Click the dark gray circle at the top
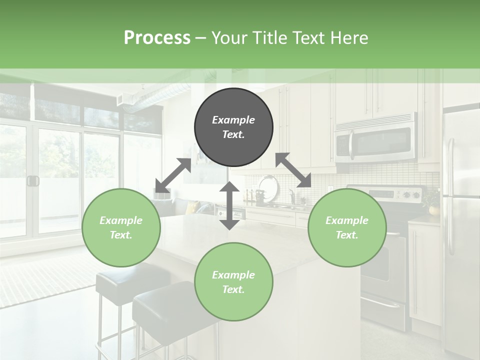[x=233, y=127]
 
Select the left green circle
[x=121, y=227]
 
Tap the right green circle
[x=346, y=227]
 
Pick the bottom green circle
[x=233, y=282]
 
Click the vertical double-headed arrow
[x=229, y=205]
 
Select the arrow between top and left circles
[x=173, y=175]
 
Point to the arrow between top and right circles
[x=293, y=170]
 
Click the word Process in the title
[x=157, y=37]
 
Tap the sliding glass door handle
[x=33, y=180]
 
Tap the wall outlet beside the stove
[x=330, y=189]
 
